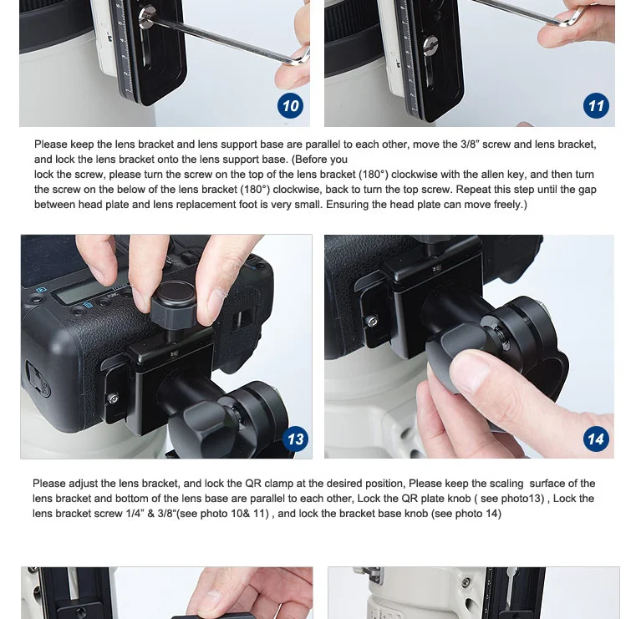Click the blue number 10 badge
(290, 106)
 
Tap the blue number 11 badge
(596, 106)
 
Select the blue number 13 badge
(295, 439)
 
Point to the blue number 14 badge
(596, 439)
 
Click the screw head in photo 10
(146, 18)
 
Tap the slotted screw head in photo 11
(430, 45)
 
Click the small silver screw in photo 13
(114, 398)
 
